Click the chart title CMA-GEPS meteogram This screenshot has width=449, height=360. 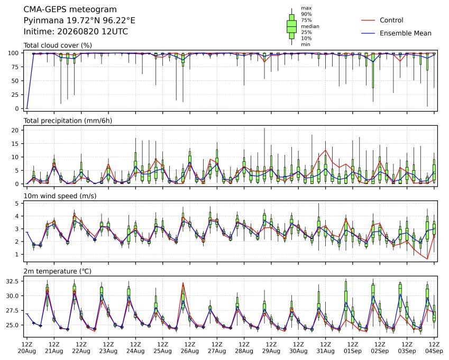click(70, 10)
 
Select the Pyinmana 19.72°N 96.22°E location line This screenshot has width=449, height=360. click(79, 21)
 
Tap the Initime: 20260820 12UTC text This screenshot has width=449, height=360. click(76, 32)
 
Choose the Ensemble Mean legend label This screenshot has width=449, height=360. click(406, 33)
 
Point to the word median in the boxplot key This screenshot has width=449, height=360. click(310, 26)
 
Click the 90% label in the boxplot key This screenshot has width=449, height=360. click(306, 14)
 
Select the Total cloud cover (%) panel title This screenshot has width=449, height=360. click(58, 45)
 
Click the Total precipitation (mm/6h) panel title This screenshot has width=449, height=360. click(68, 121)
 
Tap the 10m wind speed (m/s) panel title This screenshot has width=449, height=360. click(60, 196)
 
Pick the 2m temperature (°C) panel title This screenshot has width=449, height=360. click(57, 271)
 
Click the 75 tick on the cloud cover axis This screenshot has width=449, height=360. click(15, 67)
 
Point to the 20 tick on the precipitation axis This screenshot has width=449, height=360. click(15, 130)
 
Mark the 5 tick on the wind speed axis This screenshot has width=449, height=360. click(17, 204)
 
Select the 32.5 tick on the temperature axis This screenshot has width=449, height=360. click(12, 281)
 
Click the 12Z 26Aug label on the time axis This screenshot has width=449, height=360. click(189, 347)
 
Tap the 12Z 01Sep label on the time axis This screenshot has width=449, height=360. click(353, 347)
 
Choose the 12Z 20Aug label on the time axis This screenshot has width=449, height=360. click(27, 347)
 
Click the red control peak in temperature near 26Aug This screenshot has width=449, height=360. click(183, 283)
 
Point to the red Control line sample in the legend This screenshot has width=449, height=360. click(368, 20)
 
